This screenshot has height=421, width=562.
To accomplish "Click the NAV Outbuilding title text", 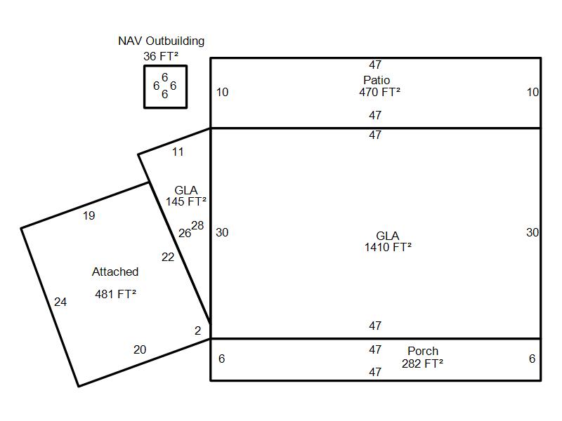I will tap(161, 41).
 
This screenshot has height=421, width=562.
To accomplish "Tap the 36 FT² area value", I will tap(159, 56).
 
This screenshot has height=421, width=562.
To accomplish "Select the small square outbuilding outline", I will tap(145, 86).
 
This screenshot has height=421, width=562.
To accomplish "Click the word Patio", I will tap(377, 80).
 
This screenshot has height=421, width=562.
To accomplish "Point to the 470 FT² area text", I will tap(379, 92).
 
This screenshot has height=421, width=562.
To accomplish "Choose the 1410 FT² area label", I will tap(388, 247).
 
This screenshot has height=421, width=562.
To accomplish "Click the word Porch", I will tap(423, 351).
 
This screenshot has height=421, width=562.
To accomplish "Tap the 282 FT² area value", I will tap(422, 363).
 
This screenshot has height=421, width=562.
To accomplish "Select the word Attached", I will tap(115, 272).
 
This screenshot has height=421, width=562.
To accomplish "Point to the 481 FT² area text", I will tap(115, 294).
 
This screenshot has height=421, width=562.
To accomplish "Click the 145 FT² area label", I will tap(186, 202).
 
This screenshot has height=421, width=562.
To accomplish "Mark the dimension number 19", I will tap(89, 216).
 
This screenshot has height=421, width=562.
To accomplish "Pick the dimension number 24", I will tap(60, 302).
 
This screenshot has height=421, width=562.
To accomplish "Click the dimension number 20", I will tap(140, 350).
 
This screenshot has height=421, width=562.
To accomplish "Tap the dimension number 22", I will tap(168, 258).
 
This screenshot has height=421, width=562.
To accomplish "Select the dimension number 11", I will tap(178, 152).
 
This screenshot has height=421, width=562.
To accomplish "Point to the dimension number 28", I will tap(197, 226).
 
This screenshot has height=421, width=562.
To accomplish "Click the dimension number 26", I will tap(184, 234).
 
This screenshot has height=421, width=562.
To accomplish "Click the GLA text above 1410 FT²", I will tap(387, 236).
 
